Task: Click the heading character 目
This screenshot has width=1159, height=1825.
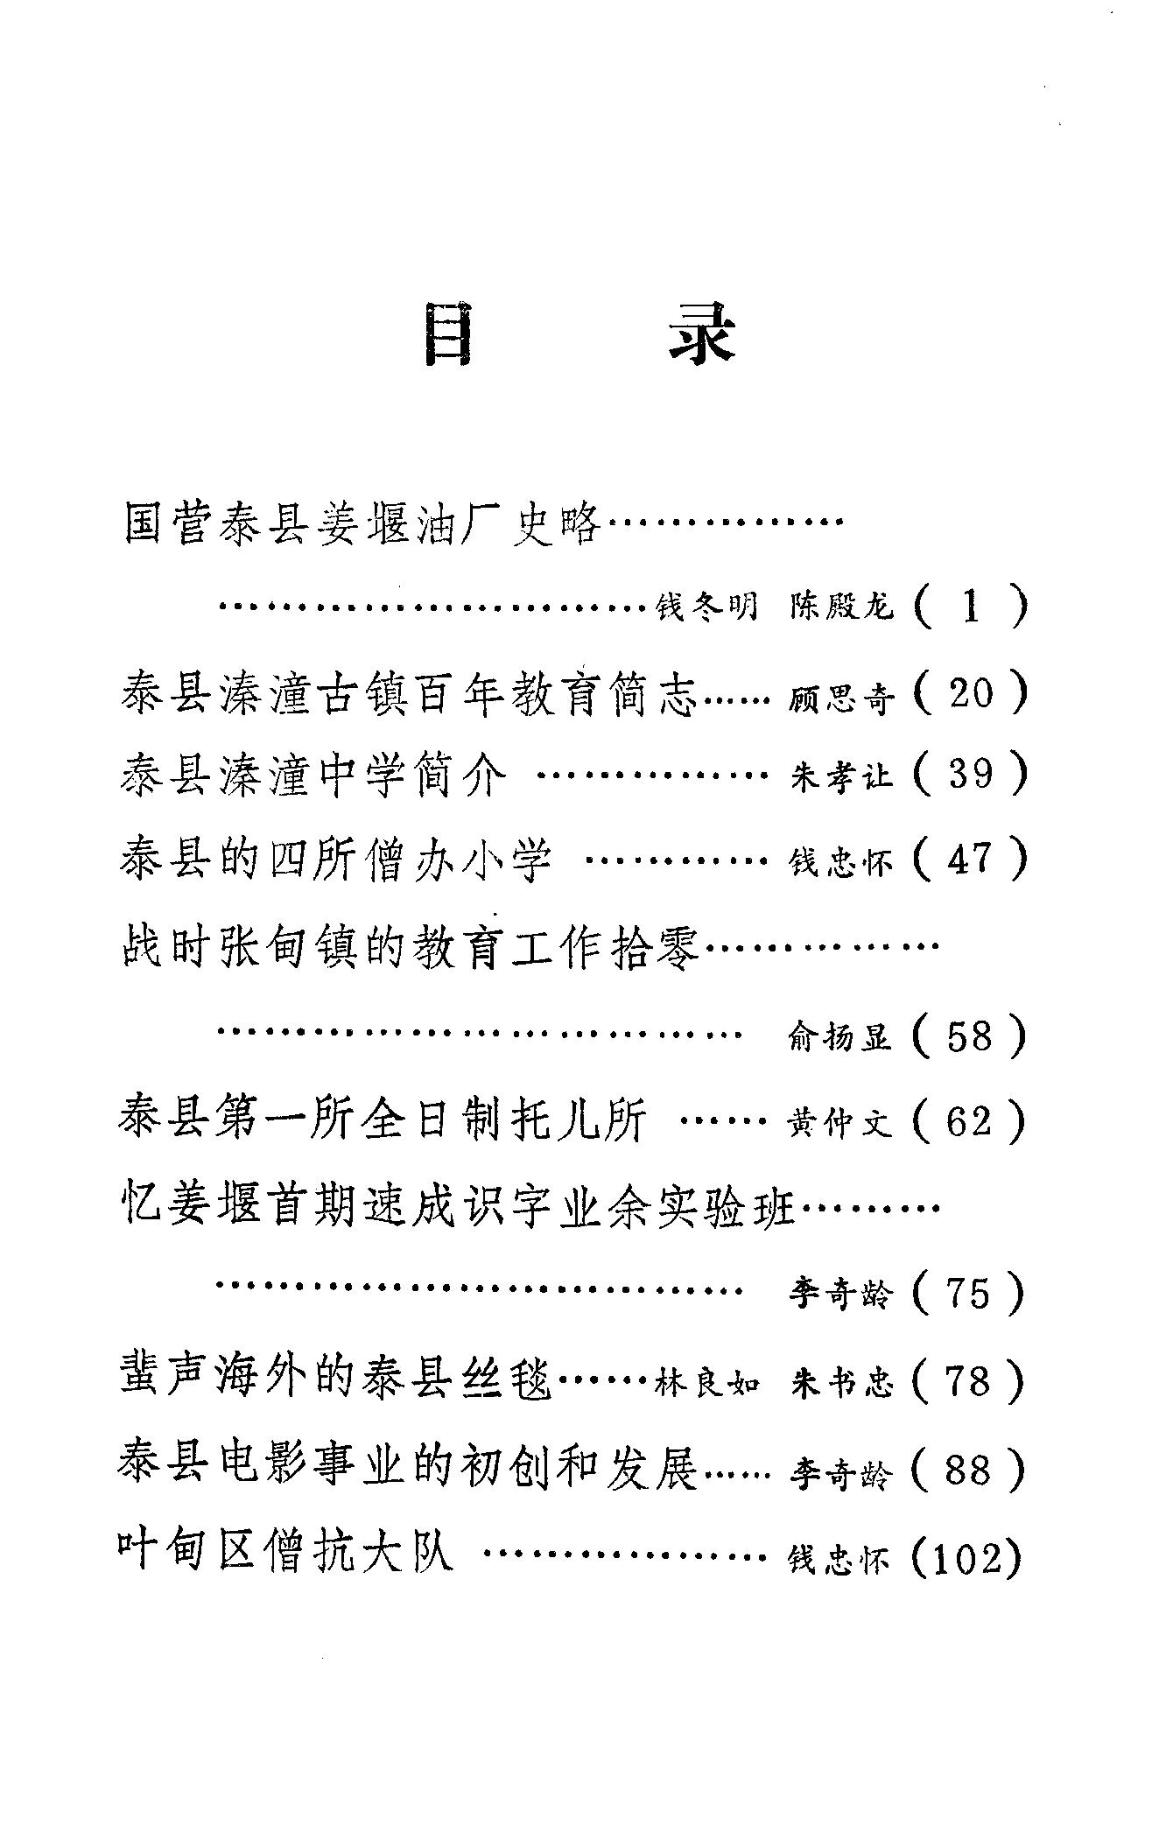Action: (448, 334)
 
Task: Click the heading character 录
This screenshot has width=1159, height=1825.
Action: (700, 334)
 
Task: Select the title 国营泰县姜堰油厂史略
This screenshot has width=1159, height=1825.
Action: (362, 524)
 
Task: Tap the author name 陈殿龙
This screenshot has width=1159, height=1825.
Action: (841, 606)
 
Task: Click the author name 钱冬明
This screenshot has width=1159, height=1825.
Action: (707, 606)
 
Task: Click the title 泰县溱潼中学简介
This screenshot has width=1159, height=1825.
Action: (313, 776)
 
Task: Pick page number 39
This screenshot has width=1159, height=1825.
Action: (971, 774)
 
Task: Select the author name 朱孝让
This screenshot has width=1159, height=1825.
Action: (841, 777)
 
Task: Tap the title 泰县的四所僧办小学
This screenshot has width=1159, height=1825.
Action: (337, 860)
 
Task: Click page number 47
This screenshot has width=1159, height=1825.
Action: (971, 859)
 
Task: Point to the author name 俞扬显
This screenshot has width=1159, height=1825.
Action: (841, 1038)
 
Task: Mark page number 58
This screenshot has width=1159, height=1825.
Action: (971, 1035)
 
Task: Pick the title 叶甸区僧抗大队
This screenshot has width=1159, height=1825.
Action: (286, 1554)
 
